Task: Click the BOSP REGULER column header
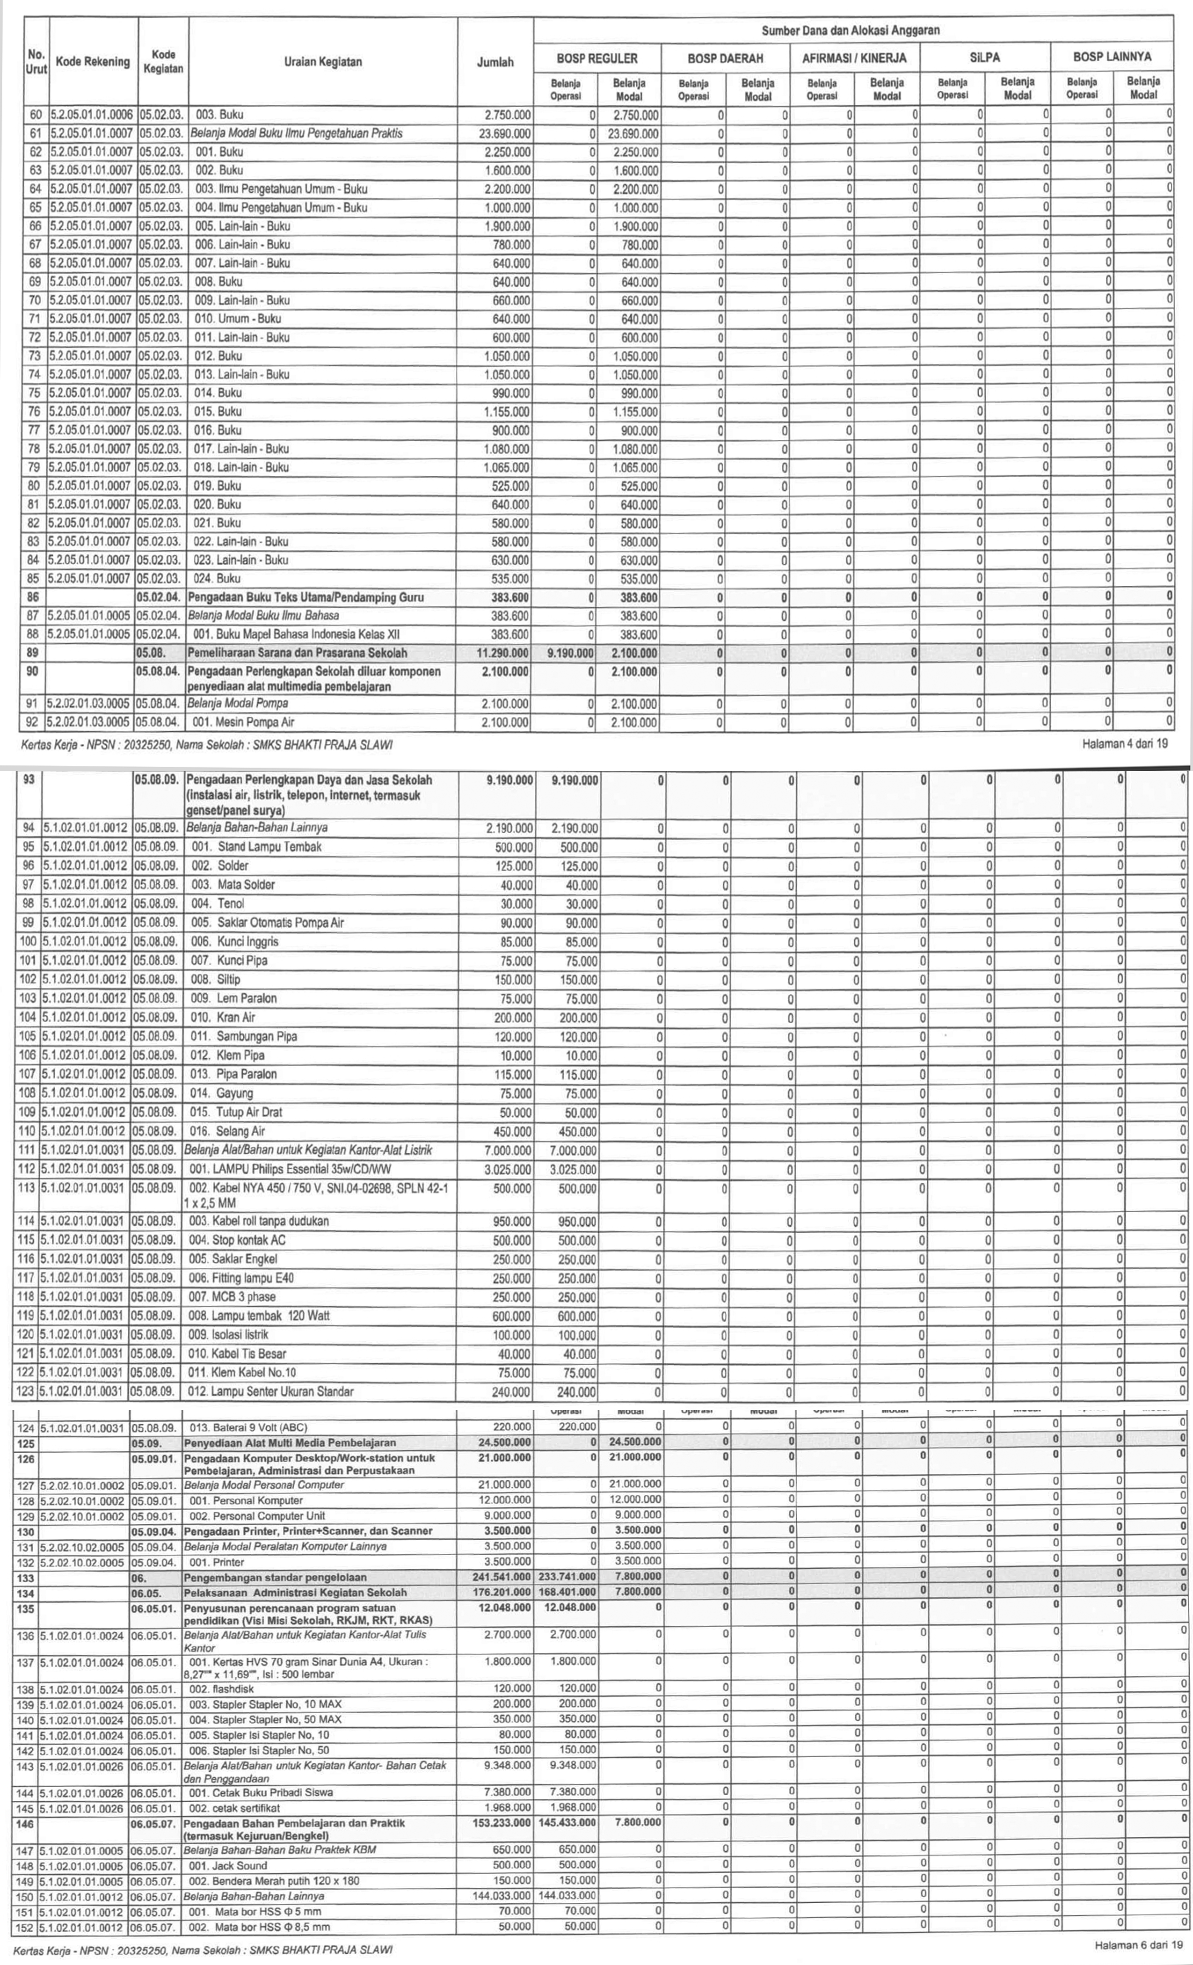[x=597, y=58]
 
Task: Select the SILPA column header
[x=983, y=58]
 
